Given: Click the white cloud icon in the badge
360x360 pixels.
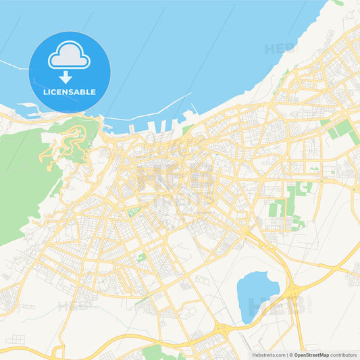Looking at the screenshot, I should (69, 56).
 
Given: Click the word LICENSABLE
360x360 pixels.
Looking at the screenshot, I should (70, 92).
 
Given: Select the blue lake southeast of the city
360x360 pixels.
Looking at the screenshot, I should (256, 288).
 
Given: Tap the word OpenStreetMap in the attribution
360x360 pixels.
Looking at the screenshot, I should (311, 354).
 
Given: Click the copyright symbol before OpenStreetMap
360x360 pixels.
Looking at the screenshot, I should (291, 354).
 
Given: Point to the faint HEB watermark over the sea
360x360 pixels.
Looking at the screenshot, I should (280, 49).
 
